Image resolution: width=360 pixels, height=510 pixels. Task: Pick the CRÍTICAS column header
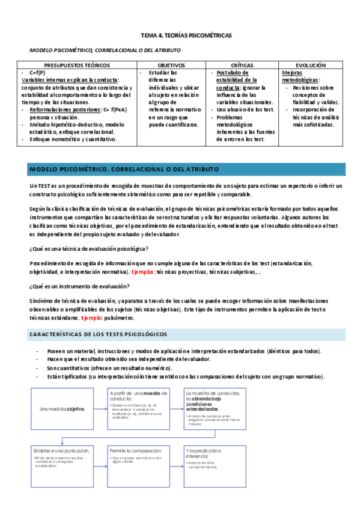tap(242, 64)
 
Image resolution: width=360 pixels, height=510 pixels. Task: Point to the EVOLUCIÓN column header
tap(310, 64)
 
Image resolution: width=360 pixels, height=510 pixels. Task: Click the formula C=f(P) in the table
tap(38, 72)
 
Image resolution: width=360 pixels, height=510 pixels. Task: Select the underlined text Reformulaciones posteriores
tap(66, 109)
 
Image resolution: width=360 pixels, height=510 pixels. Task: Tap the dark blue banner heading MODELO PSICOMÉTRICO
tap(124, 169)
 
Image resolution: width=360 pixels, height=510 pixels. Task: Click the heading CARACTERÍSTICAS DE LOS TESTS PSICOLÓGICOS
tap(99, 334)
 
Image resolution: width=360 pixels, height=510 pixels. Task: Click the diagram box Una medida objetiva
tap(62, 409)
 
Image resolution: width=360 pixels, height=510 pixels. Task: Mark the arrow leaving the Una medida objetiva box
tap(100, 409)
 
